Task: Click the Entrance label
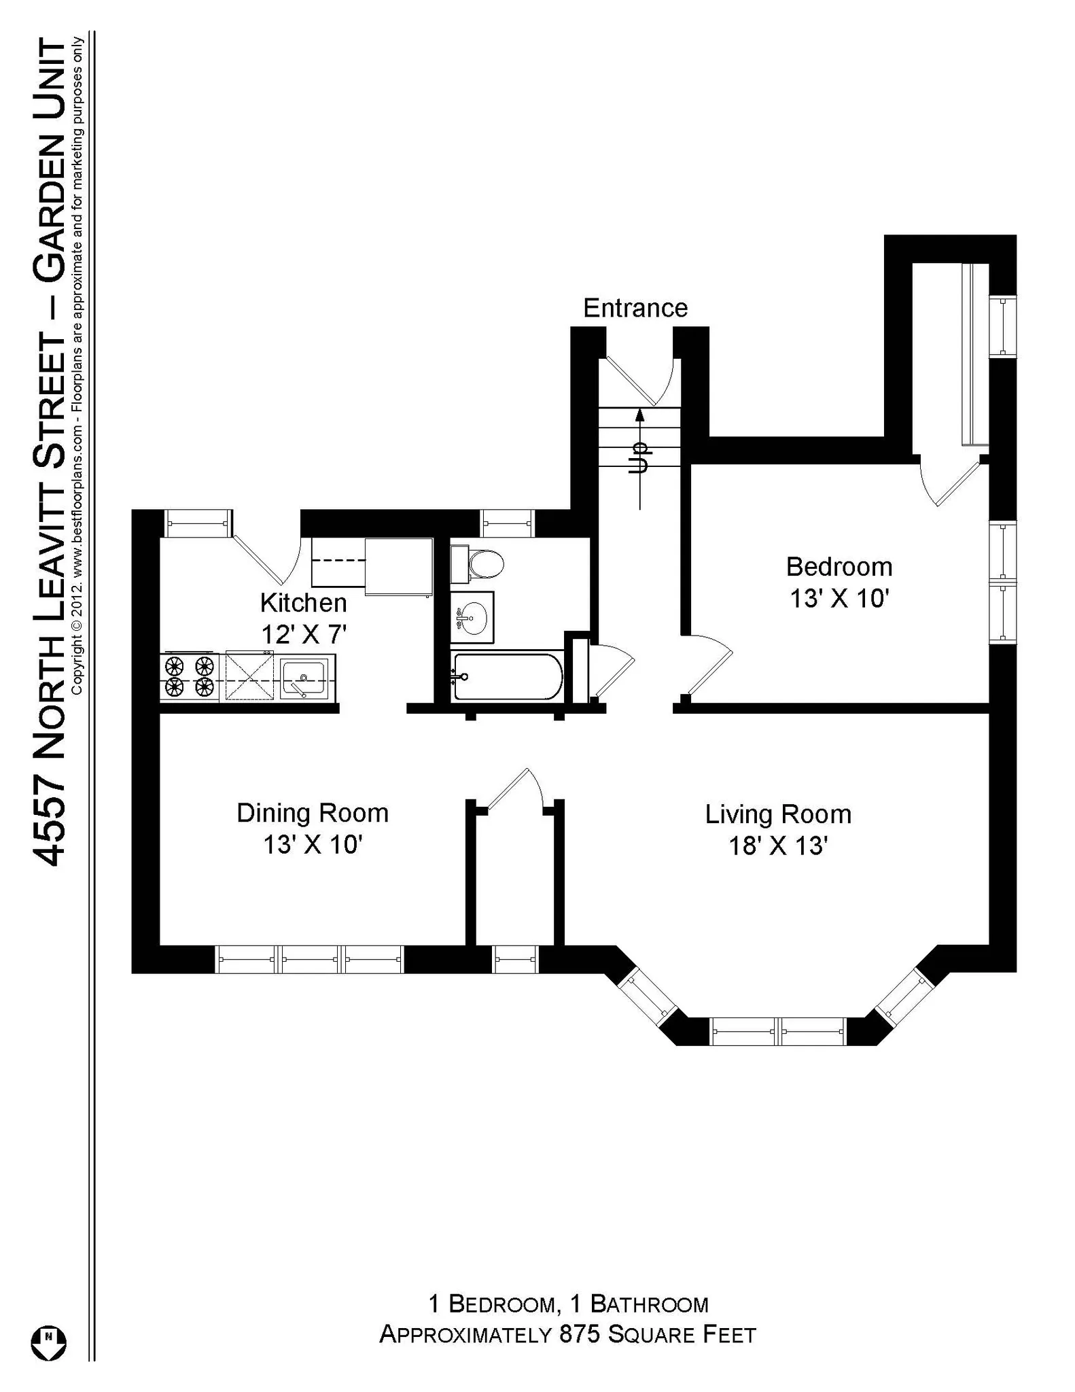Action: (635, 308)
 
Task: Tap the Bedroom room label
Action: (839, 566)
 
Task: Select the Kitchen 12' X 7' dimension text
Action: (304, 634)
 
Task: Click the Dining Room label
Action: (312, 813)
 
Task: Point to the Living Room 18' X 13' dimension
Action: (777, 846)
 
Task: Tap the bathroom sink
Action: (472, 617)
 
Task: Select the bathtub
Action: (507, 676)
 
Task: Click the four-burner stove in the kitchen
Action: (190, 676)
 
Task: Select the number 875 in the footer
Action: (580, 1334)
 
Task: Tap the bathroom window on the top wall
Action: (507, 523)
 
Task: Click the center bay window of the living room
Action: (777, 1030)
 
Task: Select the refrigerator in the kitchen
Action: (399, 566)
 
